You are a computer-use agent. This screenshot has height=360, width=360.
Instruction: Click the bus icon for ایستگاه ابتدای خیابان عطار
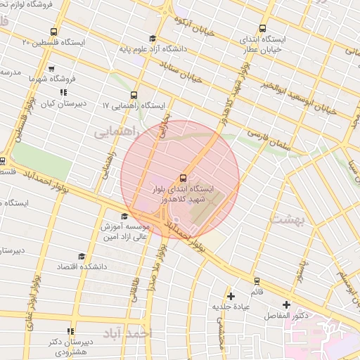click(263, 30)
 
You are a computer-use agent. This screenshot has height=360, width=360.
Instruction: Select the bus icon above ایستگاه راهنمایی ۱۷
click(134, 95)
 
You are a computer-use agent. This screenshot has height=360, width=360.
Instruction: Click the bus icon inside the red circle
click(184, 178)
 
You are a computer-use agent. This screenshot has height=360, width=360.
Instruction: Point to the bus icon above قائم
click(257, 281)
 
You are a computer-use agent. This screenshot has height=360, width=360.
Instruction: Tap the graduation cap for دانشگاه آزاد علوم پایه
click(153, 39)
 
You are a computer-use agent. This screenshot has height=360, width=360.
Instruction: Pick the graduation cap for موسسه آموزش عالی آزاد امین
click(125, 217)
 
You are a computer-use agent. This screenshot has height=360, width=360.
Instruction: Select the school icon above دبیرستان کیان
click(63, 92)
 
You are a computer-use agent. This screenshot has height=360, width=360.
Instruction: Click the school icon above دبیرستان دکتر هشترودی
click(70, 331)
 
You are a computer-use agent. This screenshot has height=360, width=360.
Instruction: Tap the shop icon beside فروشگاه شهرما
click(51, 69)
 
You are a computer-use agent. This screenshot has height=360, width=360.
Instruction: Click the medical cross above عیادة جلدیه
click(231, 295)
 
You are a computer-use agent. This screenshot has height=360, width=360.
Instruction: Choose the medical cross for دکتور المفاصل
click(286, 304)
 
